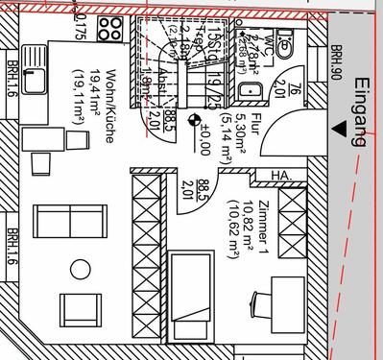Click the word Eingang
(x=360, y=112)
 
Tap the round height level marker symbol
(x=195, y=121)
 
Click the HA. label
(x=281, y=176)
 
